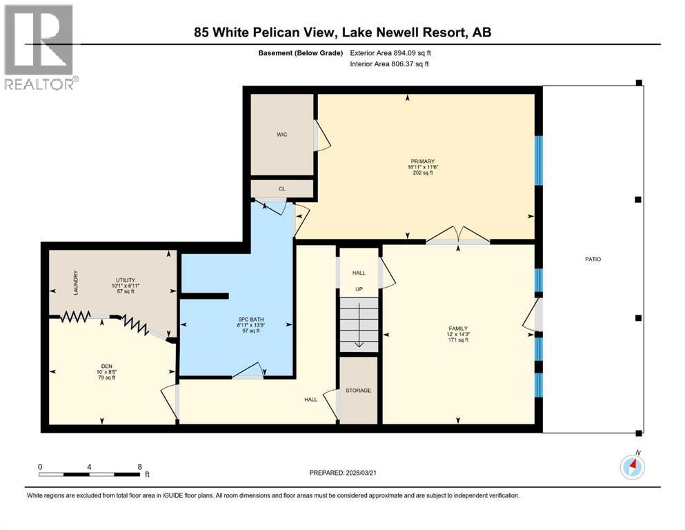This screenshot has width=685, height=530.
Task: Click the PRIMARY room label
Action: [422, 161]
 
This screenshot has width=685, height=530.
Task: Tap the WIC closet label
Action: [281, 135]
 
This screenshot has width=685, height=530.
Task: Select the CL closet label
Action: [281, 189]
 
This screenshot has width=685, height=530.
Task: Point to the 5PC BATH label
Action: [251, 320]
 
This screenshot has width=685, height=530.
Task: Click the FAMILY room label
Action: [458, 328]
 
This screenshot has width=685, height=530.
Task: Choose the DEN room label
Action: [107, 366]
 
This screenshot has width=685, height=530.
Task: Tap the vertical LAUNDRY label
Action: [76, 283]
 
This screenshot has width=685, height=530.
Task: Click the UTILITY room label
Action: [126, 280]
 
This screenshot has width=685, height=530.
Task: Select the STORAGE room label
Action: [358, 390]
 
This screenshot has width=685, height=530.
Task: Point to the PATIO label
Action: [593, 259]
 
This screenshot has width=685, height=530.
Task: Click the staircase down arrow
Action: [359, 324]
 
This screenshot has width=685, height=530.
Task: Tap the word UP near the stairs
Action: [359, 289]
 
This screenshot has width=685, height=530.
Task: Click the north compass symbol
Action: [632, 466]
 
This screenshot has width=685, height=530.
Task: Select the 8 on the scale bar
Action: [140, 467]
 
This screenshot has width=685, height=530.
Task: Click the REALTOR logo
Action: [41, 47]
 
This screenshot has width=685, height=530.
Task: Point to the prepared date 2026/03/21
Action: [360, 473]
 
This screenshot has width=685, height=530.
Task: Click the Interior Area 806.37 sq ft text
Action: [389, 63]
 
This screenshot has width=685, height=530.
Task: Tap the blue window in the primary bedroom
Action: [539, 160]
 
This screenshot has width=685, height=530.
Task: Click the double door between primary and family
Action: [458, 235]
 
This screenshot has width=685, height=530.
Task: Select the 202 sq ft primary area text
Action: [422, 173]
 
